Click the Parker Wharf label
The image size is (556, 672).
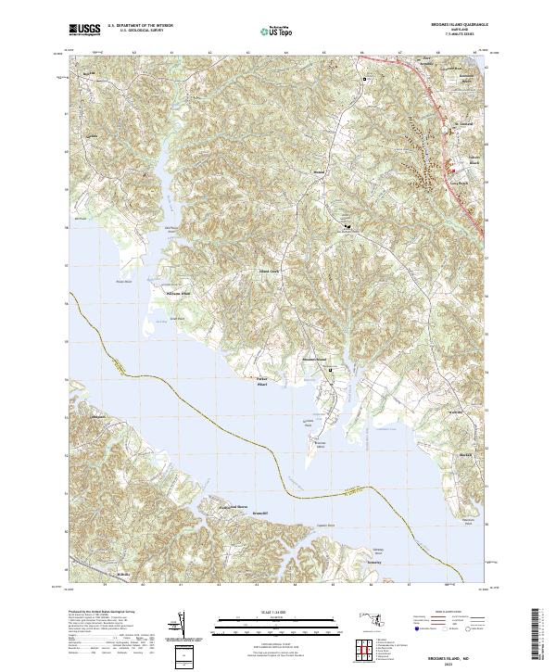261,380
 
